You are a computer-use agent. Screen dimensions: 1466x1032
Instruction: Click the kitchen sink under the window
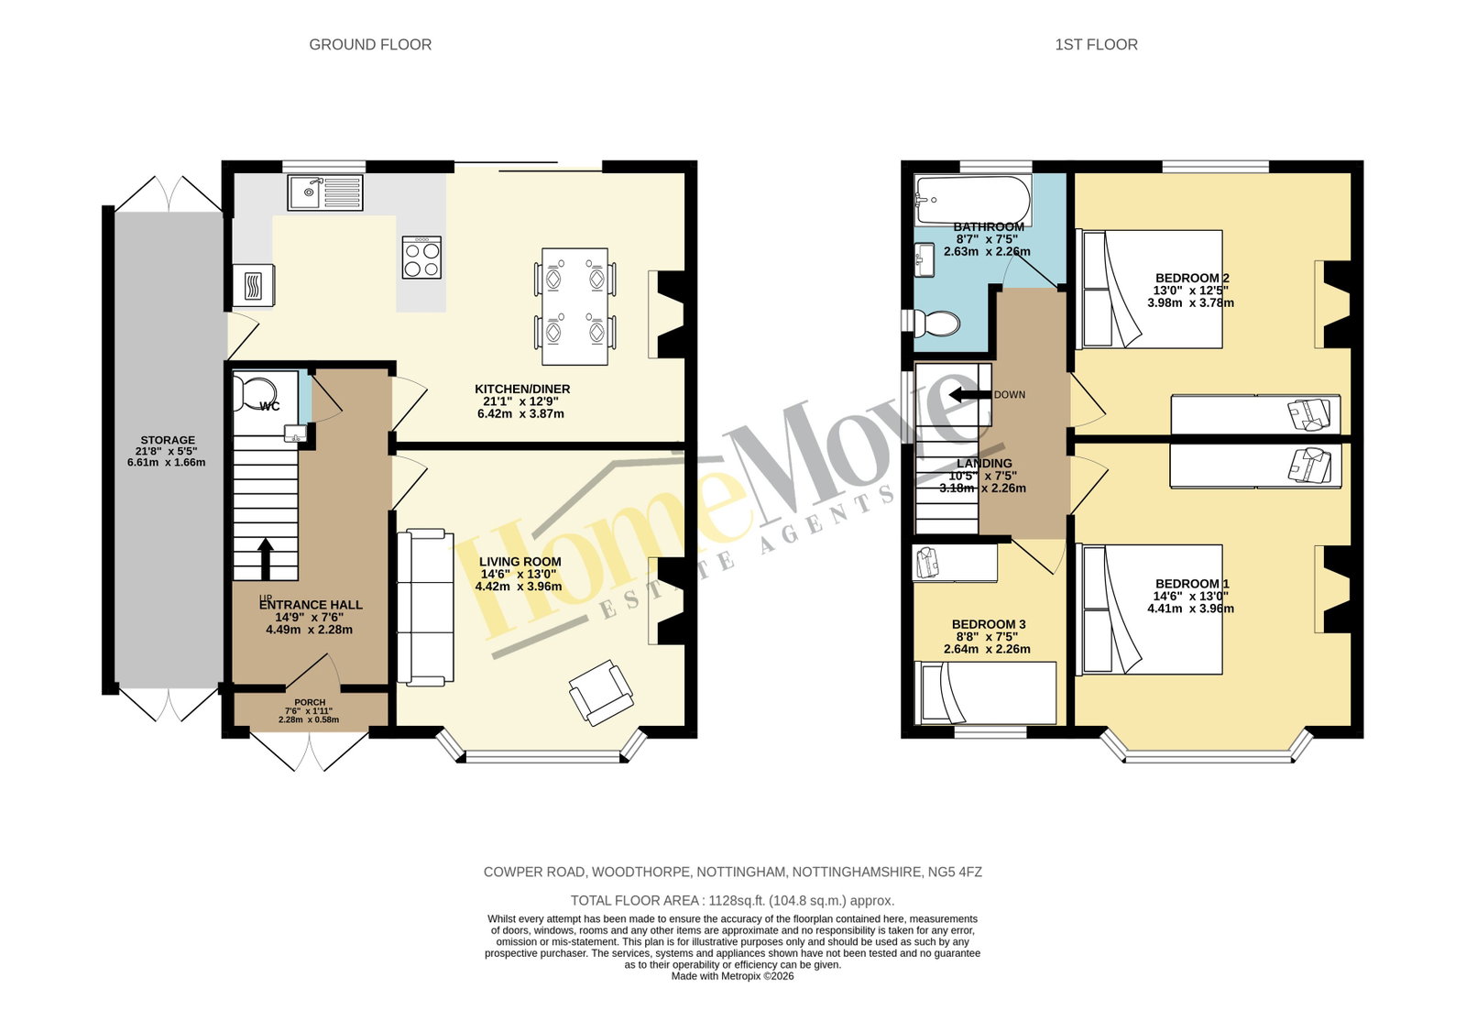(325, 192)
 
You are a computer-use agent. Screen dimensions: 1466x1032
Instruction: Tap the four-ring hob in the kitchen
(421, 258)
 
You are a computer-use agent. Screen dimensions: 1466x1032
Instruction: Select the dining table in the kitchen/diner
(575, 306)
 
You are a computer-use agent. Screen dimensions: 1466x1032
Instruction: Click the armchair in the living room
(601, 692)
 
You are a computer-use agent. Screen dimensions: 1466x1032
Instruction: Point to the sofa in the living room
(425, 608)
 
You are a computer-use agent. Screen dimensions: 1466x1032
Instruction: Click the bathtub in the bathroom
(972, 199)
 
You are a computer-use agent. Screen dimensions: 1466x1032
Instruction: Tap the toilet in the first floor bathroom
(931, 323)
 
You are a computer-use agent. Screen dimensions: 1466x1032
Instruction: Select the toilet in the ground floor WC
(256, 390)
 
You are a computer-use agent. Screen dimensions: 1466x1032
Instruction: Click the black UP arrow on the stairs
(265, 559)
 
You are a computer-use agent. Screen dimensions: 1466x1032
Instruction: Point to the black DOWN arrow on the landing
(969, 394)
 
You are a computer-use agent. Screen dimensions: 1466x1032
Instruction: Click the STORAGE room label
(168, 440)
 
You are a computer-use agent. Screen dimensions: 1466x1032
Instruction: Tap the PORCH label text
(310, 702)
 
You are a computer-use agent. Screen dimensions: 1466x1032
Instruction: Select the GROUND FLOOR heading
(370, 45)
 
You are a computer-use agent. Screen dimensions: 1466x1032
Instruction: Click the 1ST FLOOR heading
(1096, 45)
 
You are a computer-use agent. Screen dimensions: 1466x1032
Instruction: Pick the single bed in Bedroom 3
(985, 693)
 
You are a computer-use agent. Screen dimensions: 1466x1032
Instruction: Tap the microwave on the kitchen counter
(254, 286)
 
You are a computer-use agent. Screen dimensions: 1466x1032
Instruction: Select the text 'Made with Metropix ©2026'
(732, 976)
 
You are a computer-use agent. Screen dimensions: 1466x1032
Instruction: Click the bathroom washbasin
(924, 260)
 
